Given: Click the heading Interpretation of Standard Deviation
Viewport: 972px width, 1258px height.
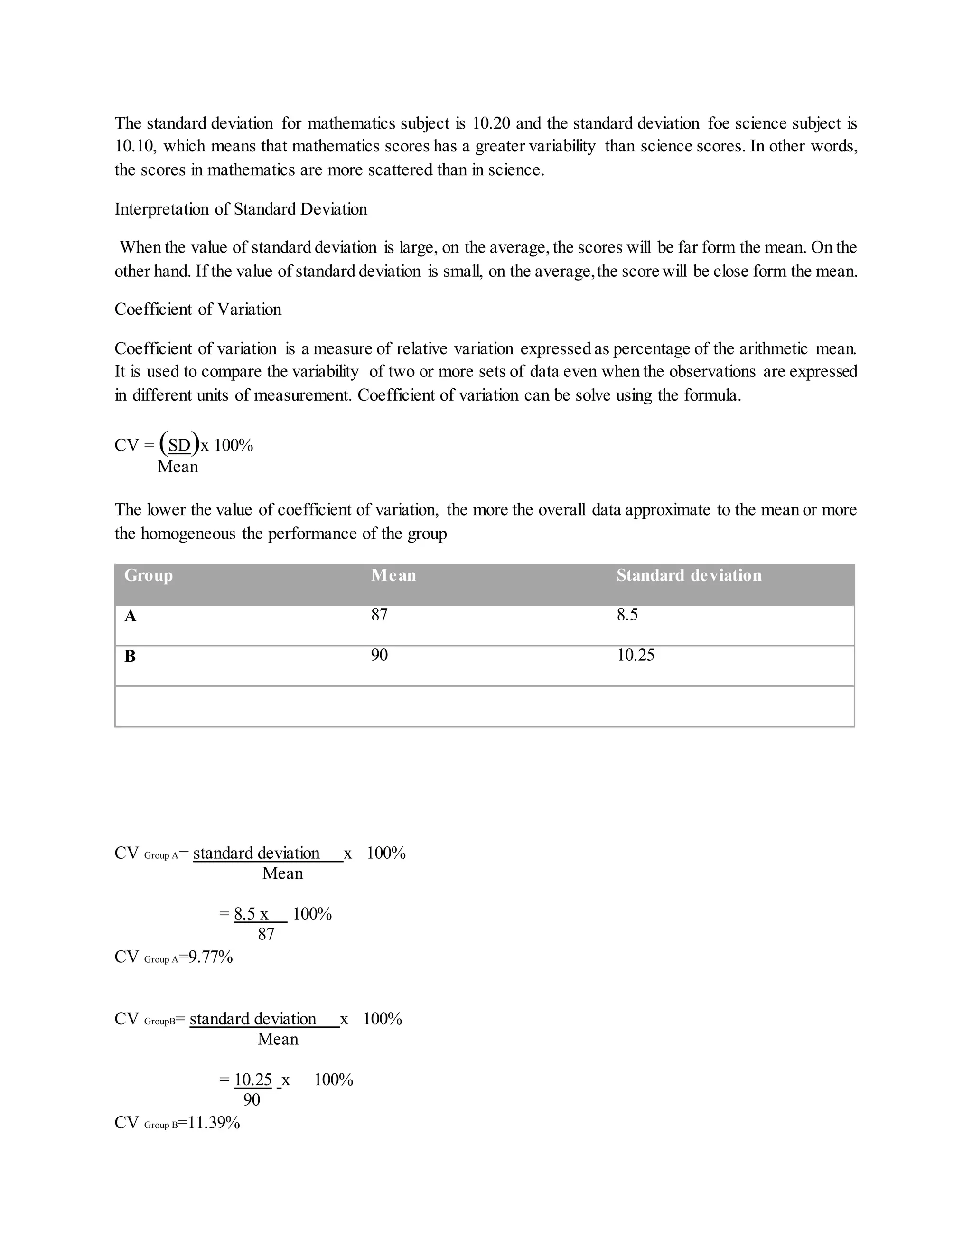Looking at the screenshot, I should click(241, 209).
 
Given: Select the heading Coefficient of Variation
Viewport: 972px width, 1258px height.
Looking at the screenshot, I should click(197, 310).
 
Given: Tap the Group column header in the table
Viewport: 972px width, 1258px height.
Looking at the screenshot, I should click(149, 575).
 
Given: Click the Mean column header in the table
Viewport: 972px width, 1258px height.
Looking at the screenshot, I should click(393, 575).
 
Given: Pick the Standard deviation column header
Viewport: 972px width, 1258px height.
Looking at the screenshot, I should click(689, 575).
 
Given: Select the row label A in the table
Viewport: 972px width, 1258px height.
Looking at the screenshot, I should click(131, 616).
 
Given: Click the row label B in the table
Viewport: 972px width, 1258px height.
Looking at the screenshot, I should click(130, 657).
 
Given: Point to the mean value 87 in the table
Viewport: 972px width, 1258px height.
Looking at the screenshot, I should click(380, 615).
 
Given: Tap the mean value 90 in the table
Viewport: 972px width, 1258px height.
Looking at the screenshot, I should click(380, 656).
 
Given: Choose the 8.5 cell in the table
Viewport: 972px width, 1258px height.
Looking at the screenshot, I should click(627, 615).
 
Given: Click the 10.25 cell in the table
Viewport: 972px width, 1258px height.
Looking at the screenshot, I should click(636, 656).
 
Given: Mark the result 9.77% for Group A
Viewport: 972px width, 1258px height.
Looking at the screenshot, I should click(211, 958).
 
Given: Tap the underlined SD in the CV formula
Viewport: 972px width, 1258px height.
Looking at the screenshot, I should click(179, 445).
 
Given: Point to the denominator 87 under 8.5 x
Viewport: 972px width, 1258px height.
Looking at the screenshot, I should click(266, 934).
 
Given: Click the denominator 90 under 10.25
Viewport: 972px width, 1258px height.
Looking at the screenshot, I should click(252, 1100).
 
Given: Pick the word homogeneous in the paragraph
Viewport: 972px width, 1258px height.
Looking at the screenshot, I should click(188, 534).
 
